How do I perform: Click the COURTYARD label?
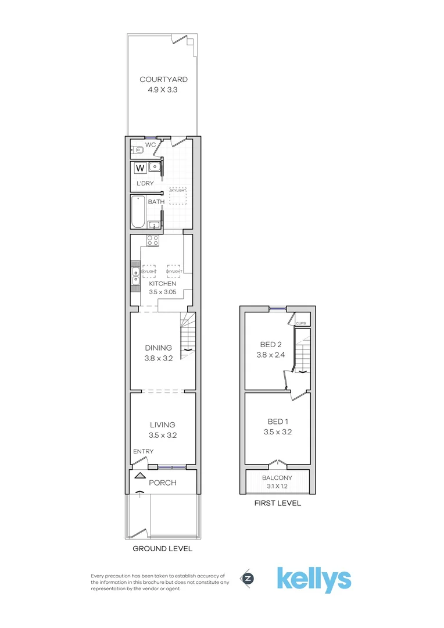(163, 80)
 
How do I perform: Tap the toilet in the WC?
(138, 151)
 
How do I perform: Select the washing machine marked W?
(139, 169)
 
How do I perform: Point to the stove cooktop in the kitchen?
(152, 241)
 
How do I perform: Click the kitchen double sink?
(135, 276)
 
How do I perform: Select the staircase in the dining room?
(188, 336)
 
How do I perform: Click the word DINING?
(158, 348)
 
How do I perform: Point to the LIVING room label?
(163, 425)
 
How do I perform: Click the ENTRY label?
(143, 452)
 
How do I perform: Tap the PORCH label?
(162, 483)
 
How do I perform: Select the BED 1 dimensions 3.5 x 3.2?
(277, 432)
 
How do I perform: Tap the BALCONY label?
(277, 478)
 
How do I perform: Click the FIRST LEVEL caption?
(277, 504)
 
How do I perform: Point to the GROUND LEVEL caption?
(163, 549)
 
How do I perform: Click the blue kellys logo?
(313, 579)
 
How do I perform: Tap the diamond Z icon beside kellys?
(248, 579)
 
